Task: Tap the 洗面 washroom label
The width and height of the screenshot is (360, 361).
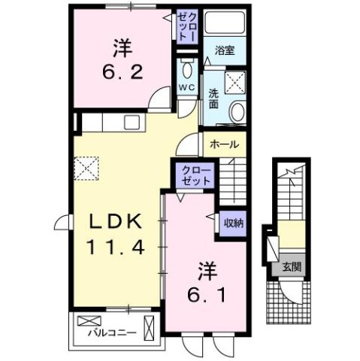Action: click(213, 98)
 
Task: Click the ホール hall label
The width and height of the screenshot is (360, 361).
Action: click(224, 144)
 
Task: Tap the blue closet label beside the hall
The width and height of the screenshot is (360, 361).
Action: click(195, 176)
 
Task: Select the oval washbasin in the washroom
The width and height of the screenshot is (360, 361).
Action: click(237, 114)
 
